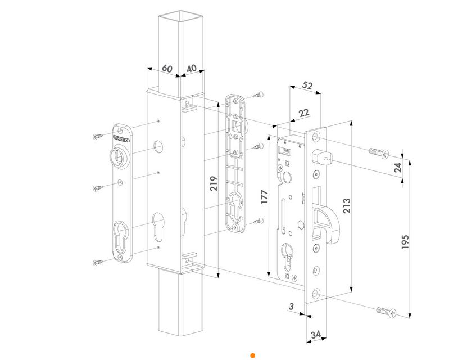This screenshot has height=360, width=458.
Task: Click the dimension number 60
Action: (x=167, y=68)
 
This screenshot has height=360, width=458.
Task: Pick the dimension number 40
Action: (x=191, y=68)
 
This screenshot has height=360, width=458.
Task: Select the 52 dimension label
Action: (x=307, y=85)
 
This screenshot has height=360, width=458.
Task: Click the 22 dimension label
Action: (x=304, y=112)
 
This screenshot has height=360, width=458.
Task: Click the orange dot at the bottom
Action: (x=253, y=355)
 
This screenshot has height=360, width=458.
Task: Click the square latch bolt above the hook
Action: (x=324, y=159)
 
